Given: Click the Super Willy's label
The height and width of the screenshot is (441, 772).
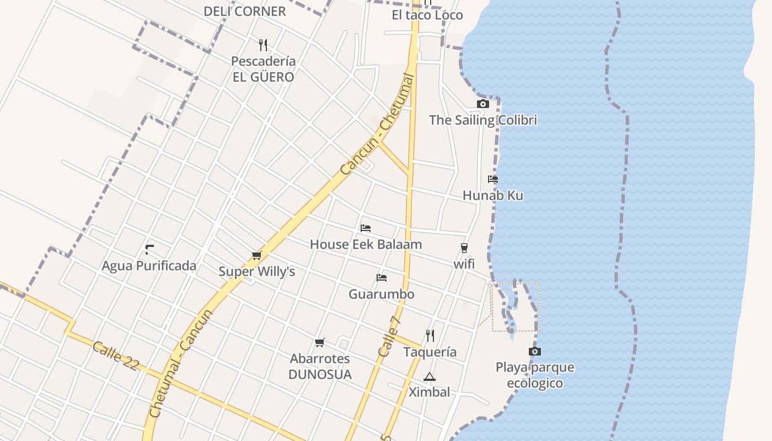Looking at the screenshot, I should [257, 271].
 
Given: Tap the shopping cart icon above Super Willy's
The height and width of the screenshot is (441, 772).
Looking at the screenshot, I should [256, 255].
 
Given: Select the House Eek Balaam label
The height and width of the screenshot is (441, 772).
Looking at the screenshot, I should [366, 244].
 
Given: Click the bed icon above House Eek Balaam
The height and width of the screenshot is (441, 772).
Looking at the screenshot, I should [366, 228].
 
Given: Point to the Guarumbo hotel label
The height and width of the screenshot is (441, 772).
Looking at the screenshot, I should [381, 294].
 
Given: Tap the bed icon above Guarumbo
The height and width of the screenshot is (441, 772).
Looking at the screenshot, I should [381, 278].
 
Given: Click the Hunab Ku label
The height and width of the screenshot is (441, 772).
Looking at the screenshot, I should [492, 195].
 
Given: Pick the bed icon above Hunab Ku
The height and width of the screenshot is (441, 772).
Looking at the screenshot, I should [493, 179].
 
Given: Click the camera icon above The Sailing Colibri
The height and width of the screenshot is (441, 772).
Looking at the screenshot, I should [482, 104].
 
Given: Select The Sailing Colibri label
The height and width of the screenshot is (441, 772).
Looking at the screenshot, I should [482, 120].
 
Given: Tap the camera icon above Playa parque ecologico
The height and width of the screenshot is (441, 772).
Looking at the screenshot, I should [534, 351].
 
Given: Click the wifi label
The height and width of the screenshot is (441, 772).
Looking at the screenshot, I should [464, 264].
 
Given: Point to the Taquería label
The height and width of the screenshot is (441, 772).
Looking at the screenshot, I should [430, 352].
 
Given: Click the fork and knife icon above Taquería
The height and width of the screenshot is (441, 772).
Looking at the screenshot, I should [430, 335].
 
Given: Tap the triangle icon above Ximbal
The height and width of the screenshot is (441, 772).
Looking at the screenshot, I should [429, 377].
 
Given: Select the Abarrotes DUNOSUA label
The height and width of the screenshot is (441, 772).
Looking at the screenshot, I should [320, 367].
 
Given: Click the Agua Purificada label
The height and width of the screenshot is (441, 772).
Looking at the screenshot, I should [149, 266].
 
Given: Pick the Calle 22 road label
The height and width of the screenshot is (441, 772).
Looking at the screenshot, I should [115, 356].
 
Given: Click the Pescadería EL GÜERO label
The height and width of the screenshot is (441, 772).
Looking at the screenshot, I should [263, 69].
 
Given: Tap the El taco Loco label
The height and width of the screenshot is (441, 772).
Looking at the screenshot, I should [427, 15].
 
